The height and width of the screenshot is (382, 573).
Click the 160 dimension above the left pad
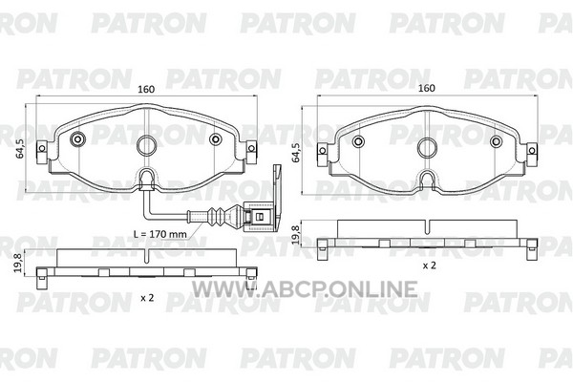[x=146, y=89]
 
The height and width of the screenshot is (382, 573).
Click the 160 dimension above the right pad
[x=427, y=88]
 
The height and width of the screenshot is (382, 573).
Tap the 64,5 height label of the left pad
[x=21, y=148]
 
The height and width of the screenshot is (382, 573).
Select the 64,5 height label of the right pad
[x=296, y=152]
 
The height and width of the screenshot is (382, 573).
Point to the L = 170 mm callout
[x=160, y=234]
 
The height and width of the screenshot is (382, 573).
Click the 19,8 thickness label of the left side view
[x=17, y=264]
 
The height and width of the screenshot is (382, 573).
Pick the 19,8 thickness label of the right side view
[x=295, y=234]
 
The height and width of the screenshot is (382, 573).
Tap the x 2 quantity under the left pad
[x=147, y=298]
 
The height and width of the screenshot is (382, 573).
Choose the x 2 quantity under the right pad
[x=429, y=265]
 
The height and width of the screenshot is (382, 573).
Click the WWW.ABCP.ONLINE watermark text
[x=305, y=289]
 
